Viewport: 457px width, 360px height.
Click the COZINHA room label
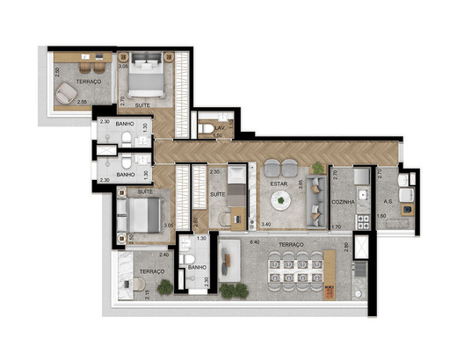(344, 201)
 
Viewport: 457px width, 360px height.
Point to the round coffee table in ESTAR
(281, 201)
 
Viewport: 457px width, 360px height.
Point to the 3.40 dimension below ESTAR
(266, 225)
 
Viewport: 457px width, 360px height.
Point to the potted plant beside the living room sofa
(317, 167)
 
